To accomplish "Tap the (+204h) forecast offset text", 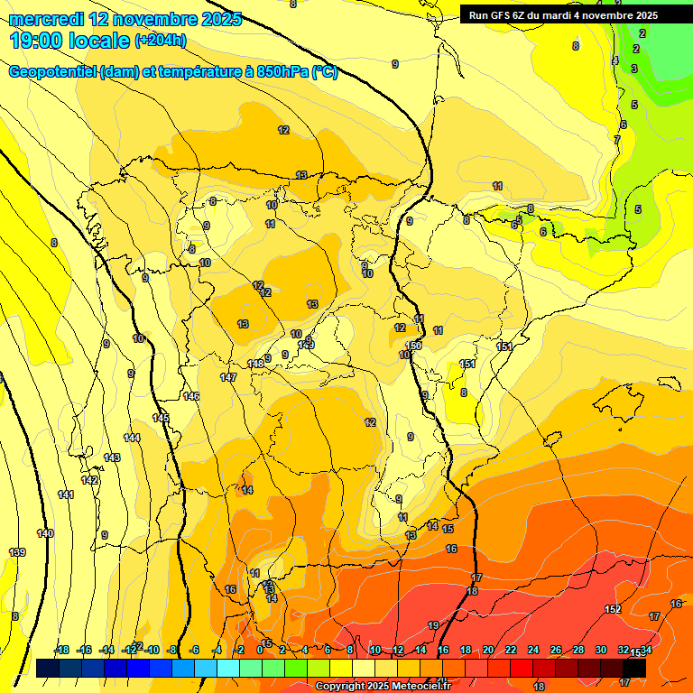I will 161,41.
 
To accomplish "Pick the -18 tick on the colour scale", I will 61,650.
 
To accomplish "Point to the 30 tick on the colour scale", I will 601,650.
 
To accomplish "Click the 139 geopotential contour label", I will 17,552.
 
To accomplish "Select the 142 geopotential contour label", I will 89,480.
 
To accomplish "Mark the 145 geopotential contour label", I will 161,418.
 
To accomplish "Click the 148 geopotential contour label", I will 255,364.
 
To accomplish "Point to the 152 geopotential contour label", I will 613,610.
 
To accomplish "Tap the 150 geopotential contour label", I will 413,346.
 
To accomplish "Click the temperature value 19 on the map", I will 433,625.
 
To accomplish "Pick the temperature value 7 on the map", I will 617,140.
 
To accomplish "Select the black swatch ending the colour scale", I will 634,667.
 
